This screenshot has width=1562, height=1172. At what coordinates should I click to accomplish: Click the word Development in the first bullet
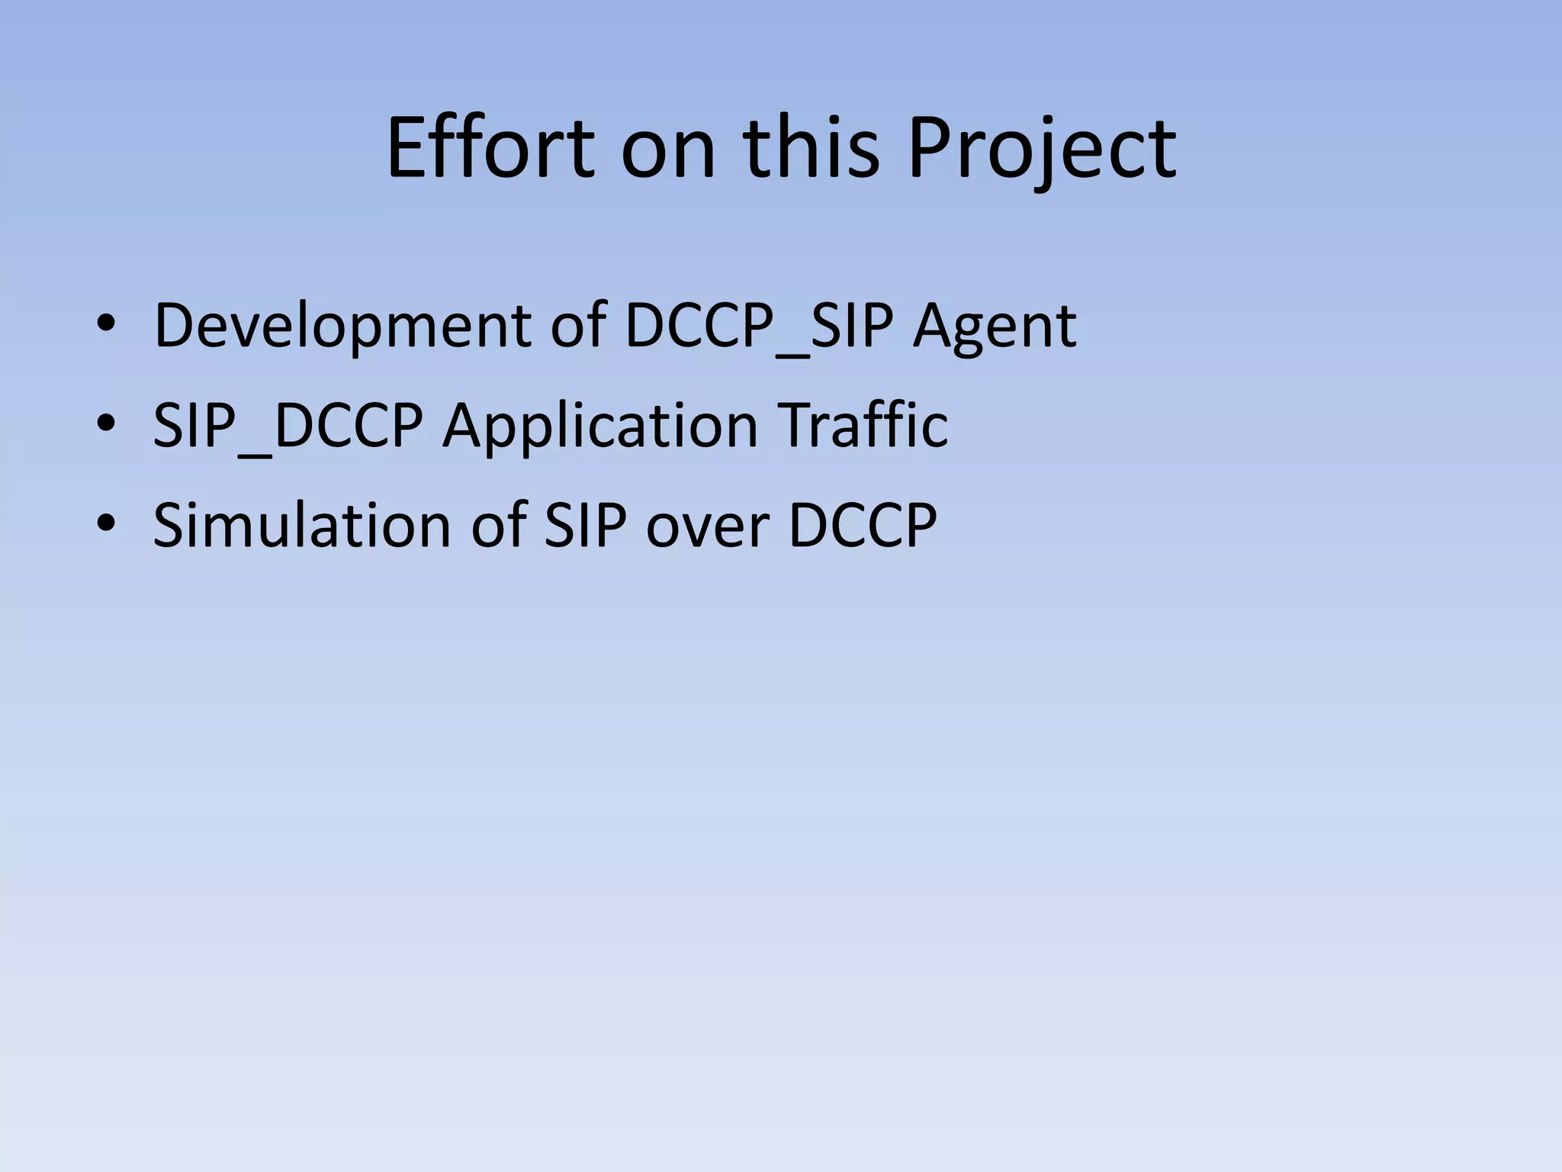(342, 327)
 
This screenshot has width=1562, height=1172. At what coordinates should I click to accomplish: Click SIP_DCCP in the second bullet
(288, 426)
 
